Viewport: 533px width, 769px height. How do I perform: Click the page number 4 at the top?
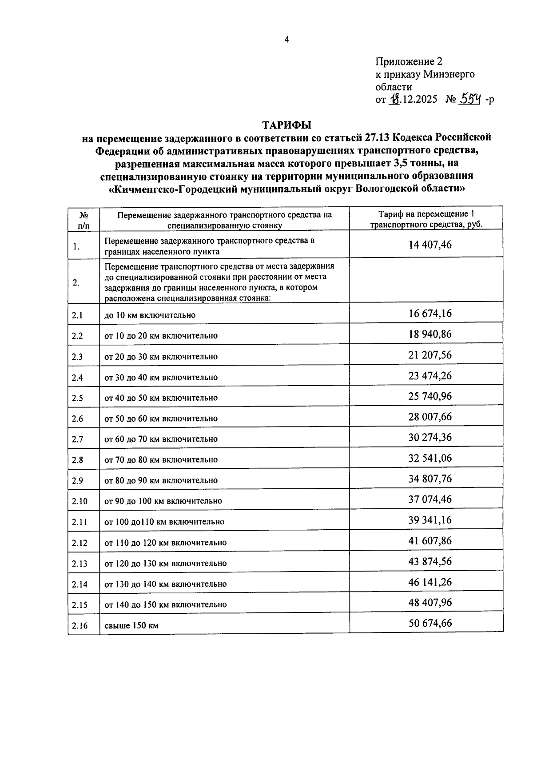pyautogui.click(x=287, y=40)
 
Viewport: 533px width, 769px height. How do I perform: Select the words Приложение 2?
pyautogui.click(x=409, y=61)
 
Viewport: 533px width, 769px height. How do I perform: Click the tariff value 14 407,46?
pyautogui.click(x=430, y=245)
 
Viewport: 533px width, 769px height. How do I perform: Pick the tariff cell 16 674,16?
pyautogui.click(x=430, y=314)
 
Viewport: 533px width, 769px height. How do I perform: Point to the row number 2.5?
pyautogui.click(x=77, y=398)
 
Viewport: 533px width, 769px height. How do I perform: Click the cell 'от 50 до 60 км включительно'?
pyautogui.click(x=161, y=419)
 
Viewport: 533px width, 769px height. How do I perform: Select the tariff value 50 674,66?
pyautogui.click(x=430, y=623)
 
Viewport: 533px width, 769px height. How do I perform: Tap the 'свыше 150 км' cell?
pyautogui.click(x=131, y=626)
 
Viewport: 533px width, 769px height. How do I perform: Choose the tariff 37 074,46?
pyautogui.click(x=430, y=499)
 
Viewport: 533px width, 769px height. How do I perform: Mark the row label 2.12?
pyautogui.click(x=80, y=543)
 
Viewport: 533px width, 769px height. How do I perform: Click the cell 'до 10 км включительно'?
pyautogui.click(x=150, y=315)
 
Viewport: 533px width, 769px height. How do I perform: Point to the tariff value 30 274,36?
pyautogui.click(x=430, y=438)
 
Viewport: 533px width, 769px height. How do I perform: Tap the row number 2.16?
pyautogui.click(x=80, y=626)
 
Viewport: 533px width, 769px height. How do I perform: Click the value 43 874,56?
pyautogui.click(x=430, y=561)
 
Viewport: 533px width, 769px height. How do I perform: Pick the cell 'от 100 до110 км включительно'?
pyautogui.click(x=164, y=522)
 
